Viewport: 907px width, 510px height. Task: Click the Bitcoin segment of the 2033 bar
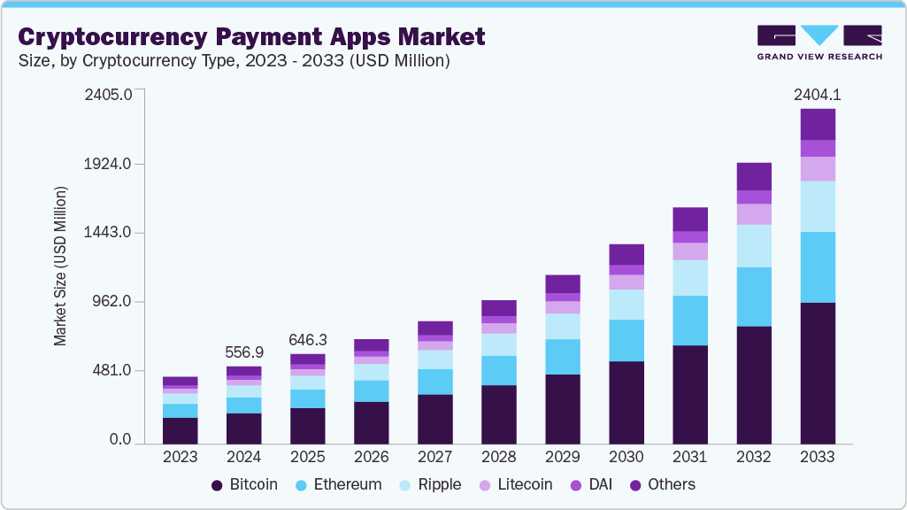818,372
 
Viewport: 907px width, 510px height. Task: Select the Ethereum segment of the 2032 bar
754,297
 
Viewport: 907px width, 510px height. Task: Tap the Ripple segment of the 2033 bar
818,206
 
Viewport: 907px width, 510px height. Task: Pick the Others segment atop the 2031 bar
690,219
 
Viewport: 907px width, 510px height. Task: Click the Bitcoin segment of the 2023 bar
181,429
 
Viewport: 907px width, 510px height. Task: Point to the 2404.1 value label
818,94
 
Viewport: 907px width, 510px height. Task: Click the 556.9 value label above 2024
244,352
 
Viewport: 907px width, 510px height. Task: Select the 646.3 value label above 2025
308,339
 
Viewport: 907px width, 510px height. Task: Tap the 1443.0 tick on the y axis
108,233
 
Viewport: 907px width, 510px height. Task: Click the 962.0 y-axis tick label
111,302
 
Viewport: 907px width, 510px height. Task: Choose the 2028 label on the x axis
499,457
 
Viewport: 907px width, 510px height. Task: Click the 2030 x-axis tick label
626,457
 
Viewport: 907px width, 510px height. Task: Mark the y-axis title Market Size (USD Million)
60,266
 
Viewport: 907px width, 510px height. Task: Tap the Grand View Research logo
819,42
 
